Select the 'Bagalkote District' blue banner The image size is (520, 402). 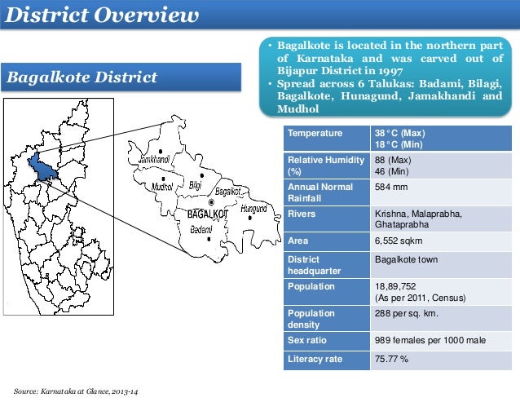82,78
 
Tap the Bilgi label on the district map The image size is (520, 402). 195,185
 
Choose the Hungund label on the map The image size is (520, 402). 253,209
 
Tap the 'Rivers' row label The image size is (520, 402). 302,214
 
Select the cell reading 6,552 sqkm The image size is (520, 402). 399,241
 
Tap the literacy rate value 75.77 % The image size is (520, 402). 391,359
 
